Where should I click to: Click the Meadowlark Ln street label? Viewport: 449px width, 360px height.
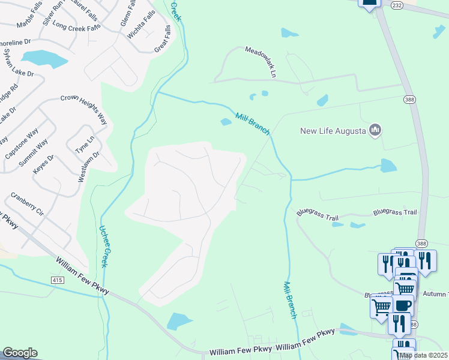(x=260, y=62)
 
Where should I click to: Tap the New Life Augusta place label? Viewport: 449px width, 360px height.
(x=333, y=130)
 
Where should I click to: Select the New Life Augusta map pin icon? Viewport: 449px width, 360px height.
(x=375, y=130)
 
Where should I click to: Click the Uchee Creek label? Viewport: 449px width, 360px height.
(x=104, y=246)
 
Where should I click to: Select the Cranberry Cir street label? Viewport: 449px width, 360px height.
(x=28, y=203)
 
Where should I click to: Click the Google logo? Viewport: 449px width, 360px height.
(x=20, y=353)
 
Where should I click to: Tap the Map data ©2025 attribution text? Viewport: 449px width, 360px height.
(x=423, y=355)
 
